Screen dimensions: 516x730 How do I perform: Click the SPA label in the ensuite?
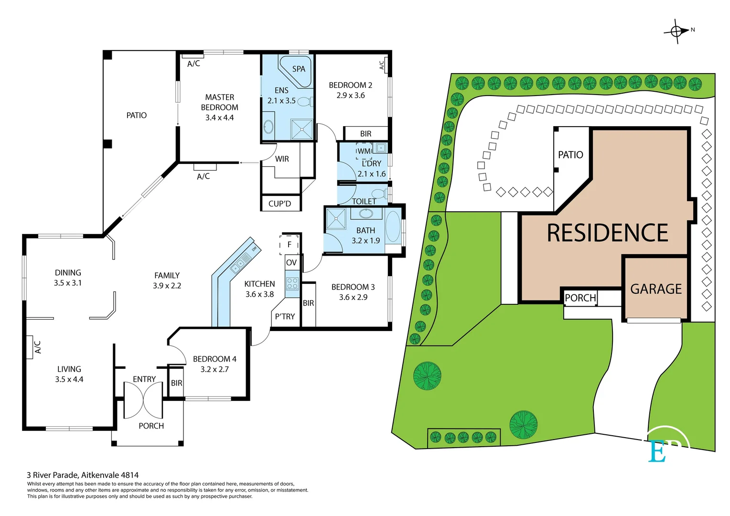pyautogui.click(x=299, y=69)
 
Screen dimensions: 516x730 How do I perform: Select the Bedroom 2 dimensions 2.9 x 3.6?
pyautogui.click(x=350, y=96)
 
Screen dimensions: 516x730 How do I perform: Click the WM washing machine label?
pyautogui.click(x=364, y=151)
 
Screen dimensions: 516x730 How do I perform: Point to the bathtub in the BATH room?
pyautogui.click(x=393, y=226)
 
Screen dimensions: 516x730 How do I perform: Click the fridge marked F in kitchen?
pyautogui.click(x=289, y=245)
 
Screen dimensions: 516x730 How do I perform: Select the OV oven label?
pyautogui.click(x=291, y=263)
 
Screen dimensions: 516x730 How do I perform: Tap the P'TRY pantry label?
pyautogui.click(x=285, y=316)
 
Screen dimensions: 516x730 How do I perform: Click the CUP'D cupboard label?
pyautogui.click(x=279, y=204)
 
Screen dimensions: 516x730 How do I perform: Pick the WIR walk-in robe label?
pyautogui.click(x=282, y=159)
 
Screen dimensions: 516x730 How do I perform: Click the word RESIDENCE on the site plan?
pyautogui.click(x=607, y=233)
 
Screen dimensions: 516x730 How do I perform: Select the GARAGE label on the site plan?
pyautogui.click(x=656, y=289)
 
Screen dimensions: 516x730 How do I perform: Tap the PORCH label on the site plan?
pyautogui.click(x=580, y=298)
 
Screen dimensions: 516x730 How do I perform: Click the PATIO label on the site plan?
pyautogui.click(x=570, y=155)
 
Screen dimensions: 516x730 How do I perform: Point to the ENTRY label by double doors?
pyautogui.click(x=144, y=379)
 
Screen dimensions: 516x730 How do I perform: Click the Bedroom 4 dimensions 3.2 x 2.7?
pyautogui.click(x=215, y=369)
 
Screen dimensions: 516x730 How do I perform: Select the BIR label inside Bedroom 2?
pyautogui.click(x=365, y=134)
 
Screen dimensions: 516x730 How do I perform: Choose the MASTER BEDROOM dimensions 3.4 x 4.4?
pyautogui.click(x=219, y=118)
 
